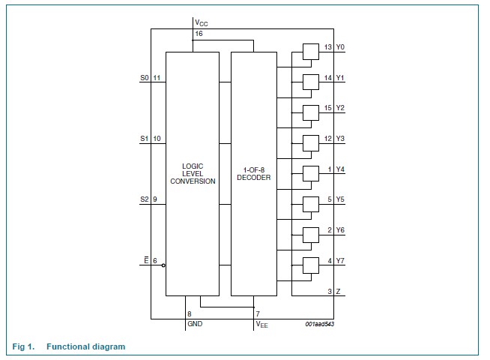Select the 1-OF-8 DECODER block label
pyautogui.click(x=253, y=173)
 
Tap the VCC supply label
pyautogui.click(x=201, y=24)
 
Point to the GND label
pyautogui.click(x=194, y=324)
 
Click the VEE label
pyautogui.click(x=262, y=324)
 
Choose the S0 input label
pyautogui.click(x=145, y=77)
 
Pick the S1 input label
pyautogui.click(x=145, y=138)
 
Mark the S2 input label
pyautogui.click(x=145, y=199)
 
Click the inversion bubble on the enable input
pyautogui.click(x=163, y=265)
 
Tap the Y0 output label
pyautogui.click(x=340, y=47)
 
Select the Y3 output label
pyautogui.click(x=340, y=138)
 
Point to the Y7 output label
pyautogui.click(x=340, y=260)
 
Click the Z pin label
pyautogui.click(x=339, y=291)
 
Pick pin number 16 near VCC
pyautogui.click(x=199, y=34)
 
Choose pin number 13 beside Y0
pyautogui.click(x=328, y=47)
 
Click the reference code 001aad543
pyautogui.click(x=320, y=323)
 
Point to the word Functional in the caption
pyautogui.click(x=65, y=346)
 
